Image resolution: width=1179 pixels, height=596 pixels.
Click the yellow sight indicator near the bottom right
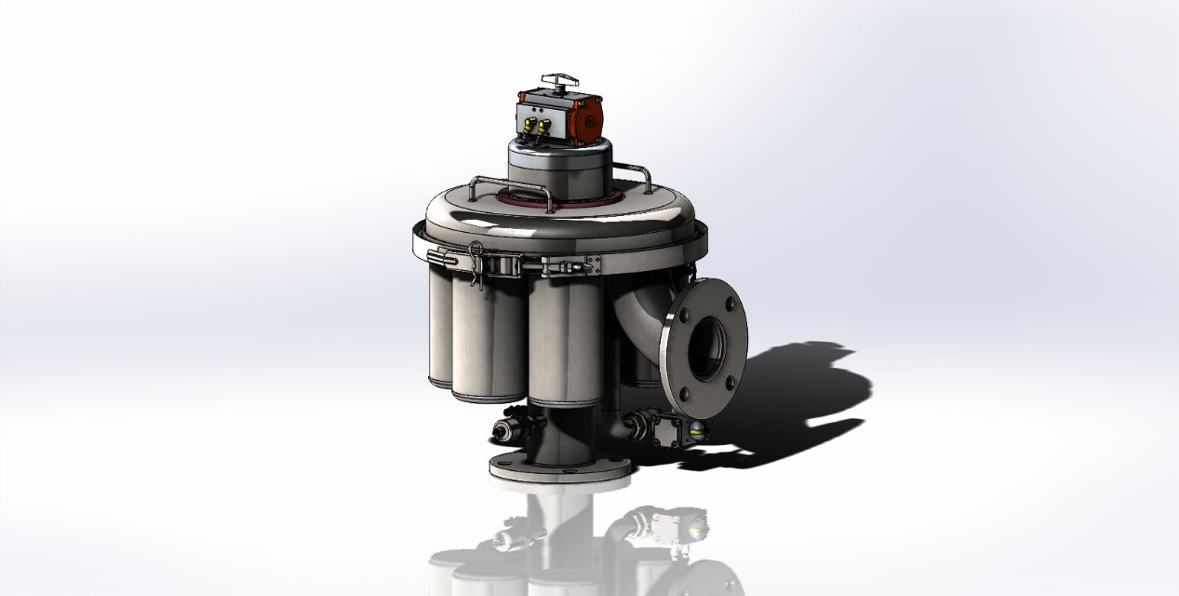coord(696,429)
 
